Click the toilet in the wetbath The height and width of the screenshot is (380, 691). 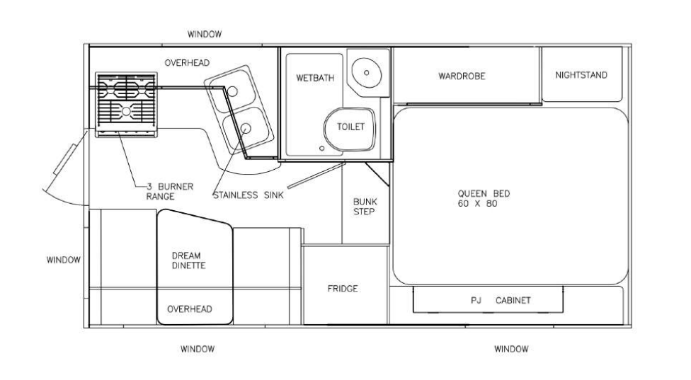(x=350, y=129)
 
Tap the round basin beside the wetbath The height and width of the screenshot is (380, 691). (x=366, y=73)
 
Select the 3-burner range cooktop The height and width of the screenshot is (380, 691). (x=126, y=104)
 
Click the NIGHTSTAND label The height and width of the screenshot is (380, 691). (x=581, y=75)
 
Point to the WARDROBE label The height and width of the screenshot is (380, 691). (x=462, y=76)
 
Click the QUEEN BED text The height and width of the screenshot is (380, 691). (x=484, y=193)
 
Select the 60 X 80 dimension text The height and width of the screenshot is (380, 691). (x=477, y=203)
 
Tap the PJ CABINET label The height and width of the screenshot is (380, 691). (x=501, y=300)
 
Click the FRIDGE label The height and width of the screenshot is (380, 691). (x=343, y=289)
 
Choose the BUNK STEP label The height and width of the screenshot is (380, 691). (x=365, y=207)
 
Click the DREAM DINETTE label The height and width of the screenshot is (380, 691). (x=188, y=260)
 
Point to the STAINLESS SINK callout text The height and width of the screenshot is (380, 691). (x=248, y=195)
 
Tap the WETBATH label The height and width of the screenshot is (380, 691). (x=314, y=78)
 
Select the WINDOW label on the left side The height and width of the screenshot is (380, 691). (x=64, y=260)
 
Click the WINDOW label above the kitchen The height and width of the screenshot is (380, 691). (x=205, y=35)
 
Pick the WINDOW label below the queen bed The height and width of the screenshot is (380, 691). (x=511, y=349)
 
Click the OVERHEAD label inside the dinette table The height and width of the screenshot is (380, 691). (x=190, y=309)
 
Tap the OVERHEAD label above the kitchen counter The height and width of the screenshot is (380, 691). (x=187, y=63)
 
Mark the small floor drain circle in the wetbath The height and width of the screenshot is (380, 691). (x=321, y=149)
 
